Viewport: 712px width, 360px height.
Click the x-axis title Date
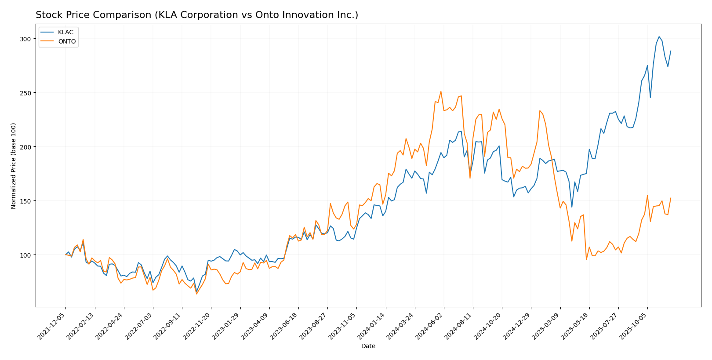[x=368, y=346]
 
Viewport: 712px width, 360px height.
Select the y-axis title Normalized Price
[x=14, y=166]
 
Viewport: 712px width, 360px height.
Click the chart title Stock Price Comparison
[x=196, y=15]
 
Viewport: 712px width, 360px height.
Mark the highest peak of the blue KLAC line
[x=659, y=36]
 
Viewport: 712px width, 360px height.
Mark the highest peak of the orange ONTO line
[x=441, y=91]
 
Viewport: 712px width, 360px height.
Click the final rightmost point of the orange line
[x=671, y=198]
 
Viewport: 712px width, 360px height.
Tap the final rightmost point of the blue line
[x=671, y=51]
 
